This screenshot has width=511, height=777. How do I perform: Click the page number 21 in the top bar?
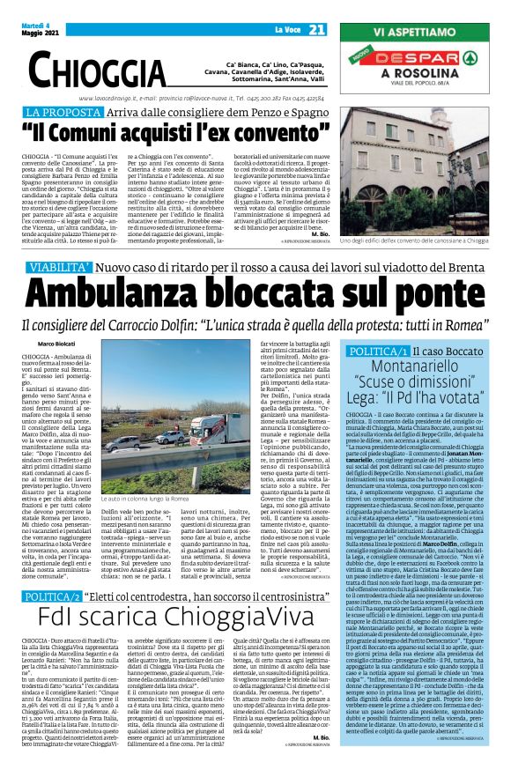[318, 29]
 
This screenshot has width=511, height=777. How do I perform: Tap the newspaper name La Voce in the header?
[288, 30]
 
